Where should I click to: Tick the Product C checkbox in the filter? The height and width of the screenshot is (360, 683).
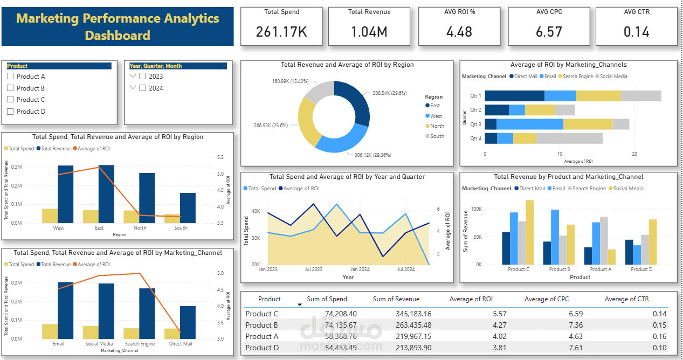pos(10,100)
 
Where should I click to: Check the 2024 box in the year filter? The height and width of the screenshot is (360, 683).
pos(142,88)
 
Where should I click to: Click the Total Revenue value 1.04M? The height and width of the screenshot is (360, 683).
pos(369,32)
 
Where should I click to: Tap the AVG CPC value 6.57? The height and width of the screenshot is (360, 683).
pos(549,32)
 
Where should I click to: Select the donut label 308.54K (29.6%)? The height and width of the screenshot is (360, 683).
pos(389,93)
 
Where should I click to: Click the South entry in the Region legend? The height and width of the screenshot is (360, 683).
pos(437,136)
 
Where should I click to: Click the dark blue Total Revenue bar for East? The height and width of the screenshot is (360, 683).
pos(106,194)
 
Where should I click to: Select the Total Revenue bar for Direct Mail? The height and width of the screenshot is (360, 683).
pos(188,322)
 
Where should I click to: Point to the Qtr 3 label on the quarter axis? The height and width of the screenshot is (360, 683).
pos(475,124)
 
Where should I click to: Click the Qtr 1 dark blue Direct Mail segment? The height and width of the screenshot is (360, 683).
pos(514,96)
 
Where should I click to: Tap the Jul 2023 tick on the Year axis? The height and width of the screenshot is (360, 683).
pos(313,269)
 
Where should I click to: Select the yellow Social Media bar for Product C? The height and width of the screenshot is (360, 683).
pos(529,232)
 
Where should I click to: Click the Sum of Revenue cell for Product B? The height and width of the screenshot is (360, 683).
pos(396,325)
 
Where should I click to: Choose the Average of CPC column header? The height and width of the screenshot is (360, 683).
pos(546,299)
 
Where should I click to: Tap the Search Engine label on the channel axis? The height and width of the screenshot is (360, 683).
pos(140,344)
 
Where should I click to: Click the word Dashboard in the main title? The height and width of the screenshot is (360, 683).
pos(118,36)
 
